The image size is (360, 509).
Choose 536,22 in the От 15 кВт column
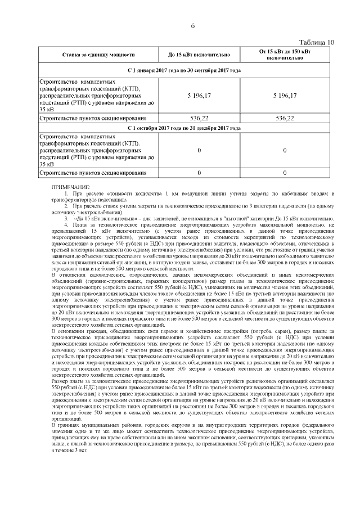[285, 119]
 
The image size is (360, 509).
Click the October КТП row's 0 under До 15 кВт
[199, 151]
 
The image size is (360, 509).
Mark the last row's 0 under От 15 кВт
[285, 173]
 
